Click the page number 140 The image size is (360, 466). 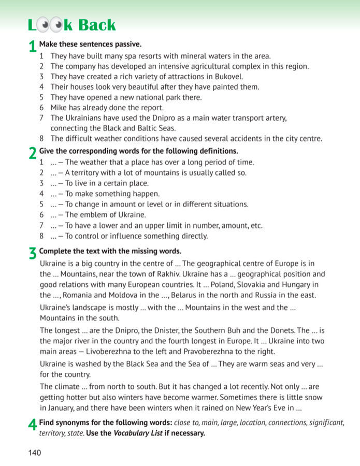coord(35,453)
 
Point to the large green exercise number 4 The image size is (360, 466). coord(32,426)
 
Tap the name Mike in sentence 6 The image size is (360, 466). coord(59,108)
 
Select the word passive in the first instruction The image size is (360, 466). coord(127,44)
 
